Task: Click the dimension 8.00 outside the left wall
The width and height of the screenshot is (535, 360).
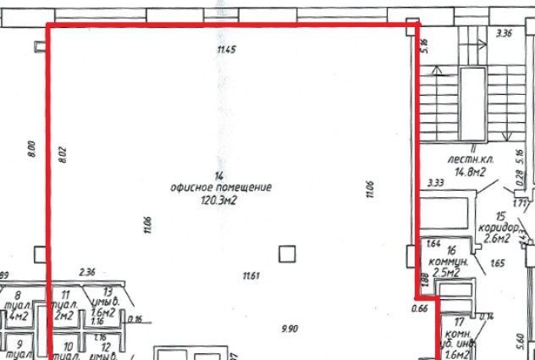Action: point(30,150)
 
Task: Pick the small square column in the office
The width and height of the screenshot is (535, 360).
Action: point(288,252)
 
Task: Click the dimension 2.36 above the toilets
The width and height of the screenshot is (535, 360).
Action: point(86,272)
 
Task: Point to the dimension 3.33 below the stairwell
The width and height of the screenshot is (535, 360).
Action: point(436,182)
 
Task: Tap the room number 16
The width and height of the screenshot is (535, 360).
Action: point(451,251)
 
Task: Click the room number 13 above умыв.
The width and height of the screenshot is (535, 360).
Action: point(108,291)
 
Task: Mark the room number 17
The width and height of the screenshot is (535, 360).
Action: point(459,322)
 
